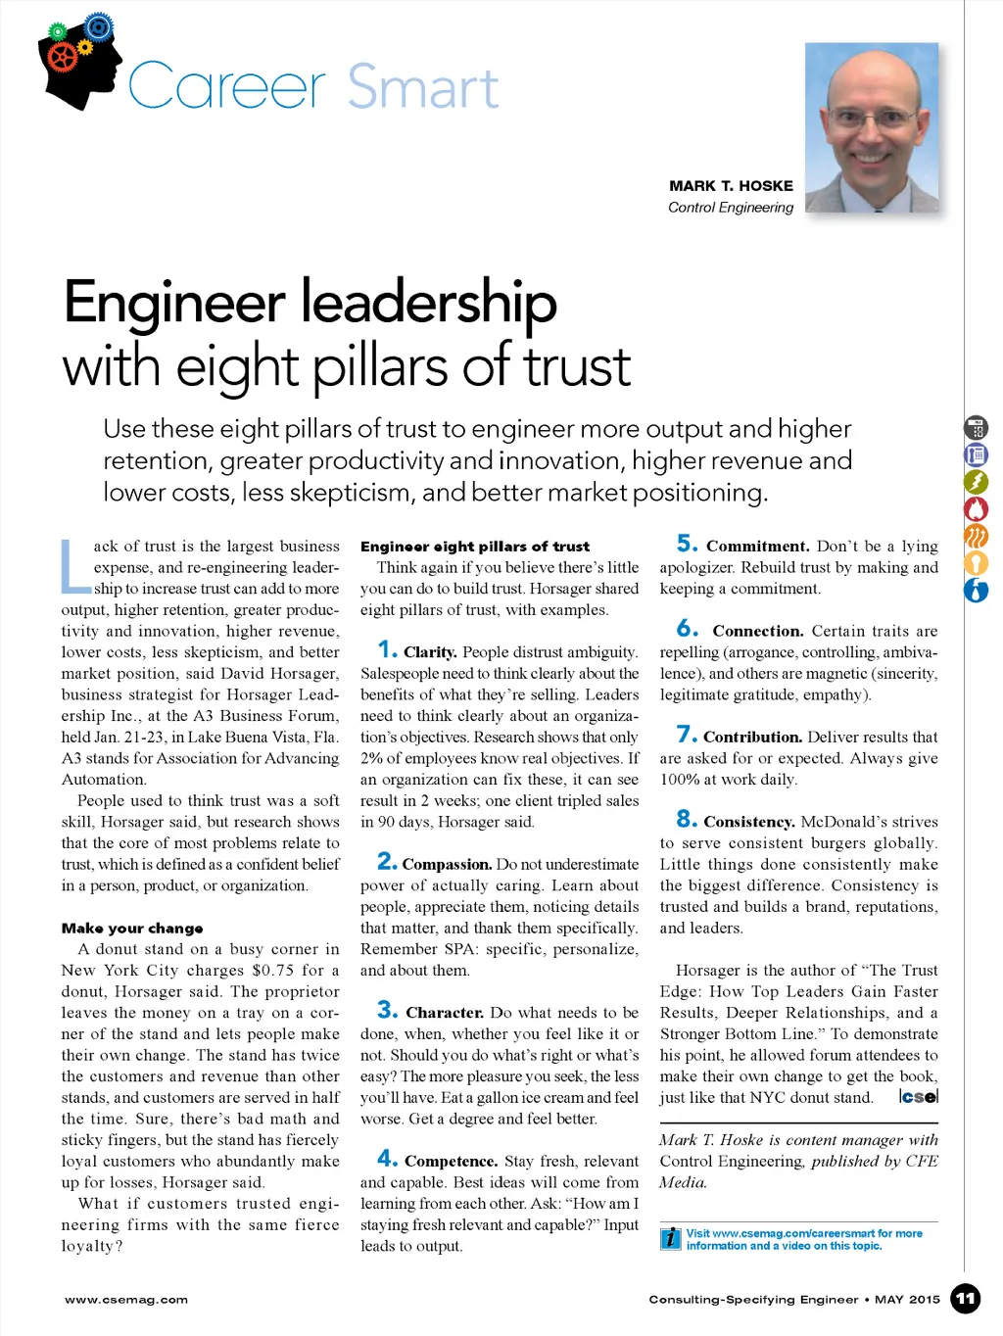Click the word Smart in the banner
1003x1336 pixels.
point(423,88)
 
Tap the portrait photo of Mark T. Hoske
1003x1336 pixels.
point(871,126)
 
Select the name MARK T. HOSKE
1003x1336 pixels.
point(731,186)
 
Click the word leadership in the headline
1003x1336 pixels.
point(429,304)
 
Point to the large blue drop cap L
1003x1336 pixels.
point(74,567)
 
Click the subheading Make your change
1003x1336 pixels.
point(132,928)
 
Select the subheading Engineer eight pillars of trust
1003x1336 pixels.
point(475,547)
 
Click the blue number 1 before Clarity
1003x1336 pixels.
point(387,649)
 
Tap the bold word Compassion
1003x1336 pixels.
point(447,865)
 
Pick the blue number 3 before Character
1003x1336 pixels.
point(387,1010)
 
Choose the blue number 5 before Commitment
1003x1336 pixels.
point(687,545)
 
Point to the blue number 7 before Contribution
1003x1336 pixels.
point(687,735)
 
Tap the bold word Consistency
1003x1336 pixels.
point(748,823)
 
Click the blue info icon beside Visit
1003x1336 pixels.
point(671,1238)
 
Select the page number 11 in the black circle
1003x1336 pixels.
point(966,1299)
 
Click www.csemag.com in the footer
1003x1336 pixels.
point(126,1300)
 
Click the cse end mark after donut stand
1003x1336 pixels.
point(918,1097)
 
